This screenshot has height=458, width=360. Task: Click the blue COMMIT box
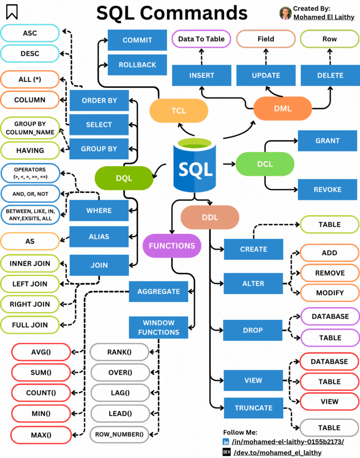137,40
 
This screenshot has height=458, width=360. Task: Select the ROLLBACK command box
137,65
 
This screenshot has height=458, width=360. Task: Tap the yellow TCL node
178,110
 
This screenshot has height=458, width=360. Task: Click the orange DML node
282,109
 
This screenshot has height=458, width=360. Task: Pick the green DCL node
265,164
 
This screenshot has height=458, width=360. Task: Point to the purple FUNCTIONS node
172,246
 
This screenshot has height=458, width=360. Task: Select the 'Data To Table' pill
201,39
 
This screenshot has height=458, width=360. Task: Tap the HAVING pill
30,150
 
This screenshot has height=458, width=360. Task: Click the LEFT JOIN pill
30,284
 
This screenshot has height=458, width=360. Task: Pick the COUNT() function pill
41,393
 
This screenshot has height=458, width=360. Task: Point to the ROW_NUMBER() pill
119,434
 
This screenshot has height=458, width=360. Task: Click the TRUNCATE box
253,408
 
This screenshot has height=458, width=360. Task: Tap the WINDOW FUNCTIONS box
158,328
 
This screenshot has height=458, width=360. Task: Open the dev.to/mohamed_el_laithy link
278,452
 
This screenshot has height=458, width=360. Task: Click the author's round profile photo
285,13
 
